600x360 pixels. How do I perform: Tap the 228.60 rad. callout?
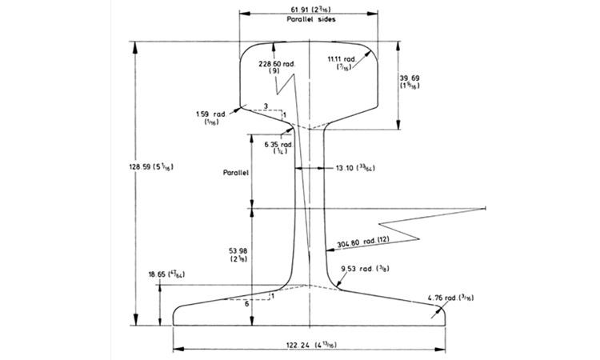click(x=274, y=65)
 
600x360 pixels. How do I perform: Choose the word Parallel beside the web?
click(x=238, y=171)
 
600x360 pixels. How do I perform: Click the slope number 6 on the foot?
click(x=246, y=304)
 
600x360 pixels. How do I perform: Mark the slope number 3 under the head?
click(x=266, y=106)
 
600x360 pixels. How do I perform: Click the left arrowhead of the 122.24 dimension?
click(x=177, y=350)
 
